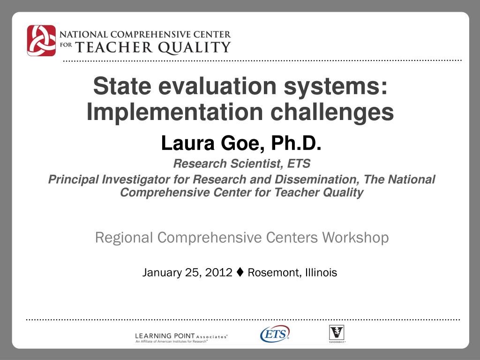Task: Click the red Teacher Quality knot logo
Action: tap(41, 40)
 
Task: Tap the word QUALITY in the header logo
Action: tap(195, 48)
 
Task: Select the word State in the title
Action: tap(122, 86)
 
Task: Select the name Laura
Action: tap(188, 143)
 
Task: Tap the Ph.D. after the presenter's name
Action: tap(296, 143)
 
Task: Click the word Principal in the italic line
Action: tap(73, 180)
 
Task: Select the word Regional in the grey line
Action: tap(124, 238)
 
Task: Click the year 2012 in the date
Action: tap(218, 272)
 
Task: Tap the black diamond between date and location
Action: tap(240, 272)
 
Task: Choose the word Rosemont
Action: tap(274, 272)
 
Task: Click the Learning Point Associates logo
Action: tap(181, 337)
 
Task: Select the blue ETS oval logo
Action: tap(275, 334)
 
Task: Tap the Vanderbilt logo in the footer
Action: tap(337, 334)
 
